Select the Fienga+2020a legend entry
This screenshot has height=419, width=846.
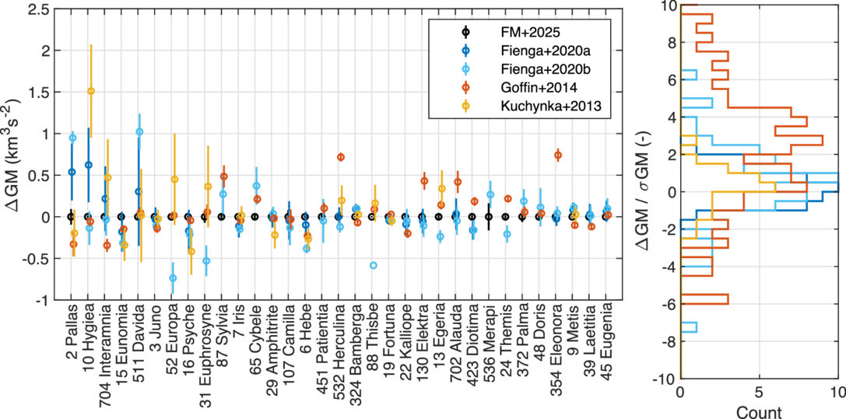coord(526,50)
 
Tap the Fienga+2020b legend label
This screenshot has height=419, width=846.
coord(526,68)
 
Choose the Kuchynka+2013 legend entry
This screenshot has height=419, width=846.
coord(529,103)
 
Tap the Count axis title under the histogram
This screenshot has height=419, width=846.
coord(759,411)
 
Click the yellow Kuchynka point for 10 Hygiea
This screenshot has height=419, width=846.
coord(91,91)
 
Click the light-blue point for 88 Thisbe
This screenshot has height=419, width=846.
coord(374,265)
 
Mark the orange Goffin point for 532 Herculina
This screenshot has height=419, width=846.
coord(341,157)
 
